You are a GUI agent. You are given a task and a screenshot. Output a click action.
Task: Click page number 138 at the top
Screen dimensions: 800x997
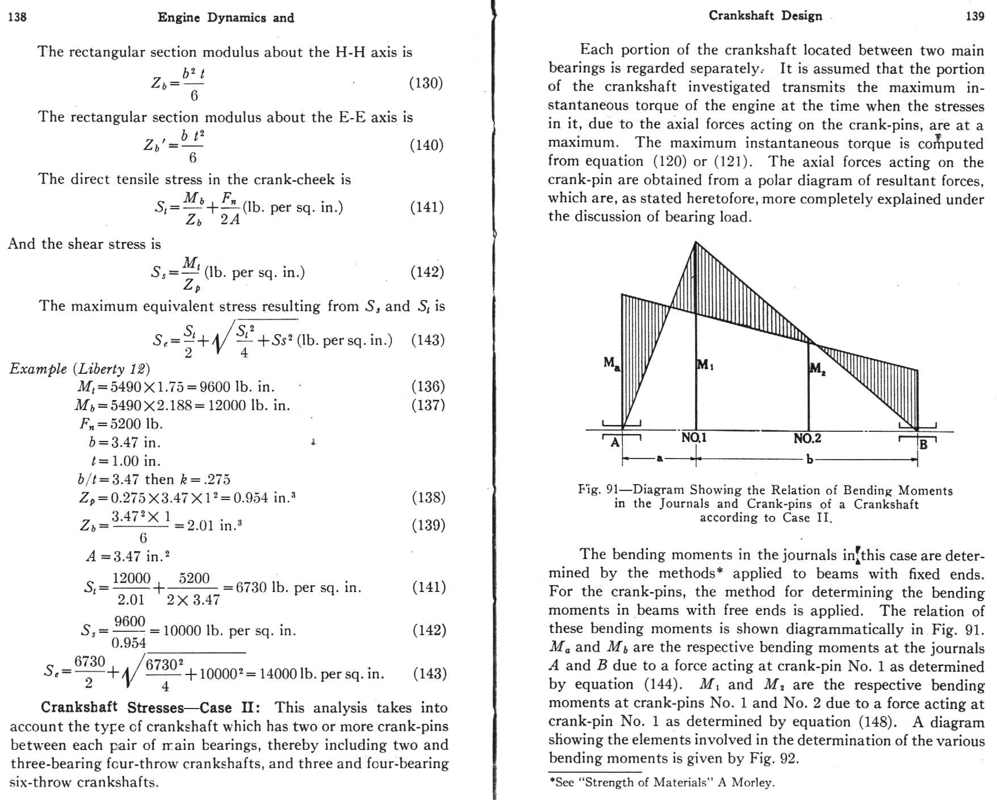18,17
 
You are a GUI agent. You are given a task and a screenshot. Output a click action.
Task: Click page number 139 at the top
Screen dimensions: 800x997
975,16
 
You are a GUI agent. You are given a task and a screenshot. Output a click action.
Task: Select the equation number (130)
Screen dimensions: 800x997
426,83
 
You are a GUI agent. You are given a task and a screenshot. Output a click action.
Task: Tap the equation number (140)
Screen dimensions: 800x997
426,145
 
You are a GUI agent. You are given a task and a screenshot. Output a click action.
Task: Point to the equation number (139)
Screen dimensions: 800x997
428,524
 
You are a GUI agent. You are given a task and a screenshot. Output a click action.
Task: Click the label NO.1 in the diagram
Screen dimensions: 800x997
694,438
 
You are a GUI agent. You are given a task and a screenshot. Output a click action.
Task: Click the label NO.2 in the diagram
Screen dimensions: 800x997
807,438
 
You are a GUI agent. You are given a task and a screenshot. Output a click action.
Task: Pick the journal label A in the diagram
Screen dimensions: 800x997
615,442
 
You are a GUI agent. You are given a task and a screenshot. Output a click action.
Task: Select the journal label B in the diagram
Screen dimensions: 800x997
923,444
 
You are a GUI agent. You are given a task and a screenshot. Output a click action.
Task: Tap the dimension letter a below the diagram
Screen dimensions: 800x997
659,458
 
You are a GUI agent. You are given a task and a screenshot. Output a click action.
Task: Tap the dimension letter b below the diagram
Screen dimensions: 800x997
809,459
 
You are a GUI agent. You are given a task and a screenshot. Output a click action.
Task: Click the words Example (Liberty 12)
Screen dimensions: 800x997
79,369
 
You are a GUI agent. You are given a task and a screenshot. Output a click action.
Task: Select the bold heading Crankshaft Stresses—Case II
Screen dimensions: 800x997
150,707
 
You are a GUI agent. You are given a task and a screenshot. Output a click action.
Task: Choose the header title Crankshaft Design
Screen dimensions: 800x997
765,16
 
